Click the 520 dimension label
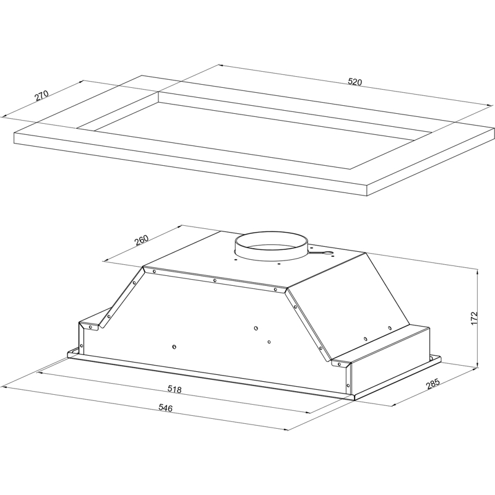coord(355,82)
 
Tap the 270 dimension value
coord(41,96)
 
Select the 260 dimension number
coord(142,240)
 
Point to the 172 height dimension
coord(474,319)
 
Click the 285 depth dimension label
coord(433,384)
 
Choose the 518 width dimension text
coord(174,389)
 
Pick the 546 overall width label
coord(165,408)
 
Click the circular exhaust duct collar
coord(271,246)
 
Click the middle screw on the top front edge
coord(215,280)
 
